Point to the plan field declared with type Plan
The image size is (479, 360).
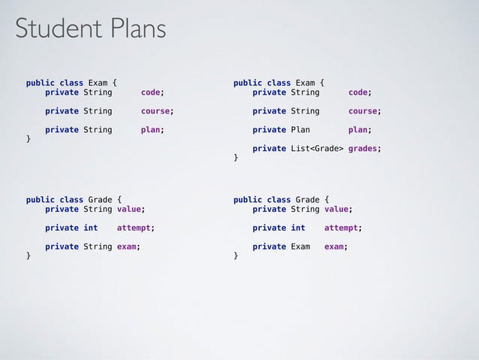pyautogui.click(x=357, y=129)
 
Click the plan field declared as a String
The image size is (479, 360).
pyautogui.click(x=150, y=129)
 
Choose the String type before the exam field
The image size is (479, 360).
pyautogui.click(x=98, y=246)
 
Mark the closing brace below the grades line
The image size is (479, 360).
pyautogui.click(x=236, y=158)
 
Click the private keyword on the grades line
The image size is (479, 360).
pyautogui.click(x=269, y=148)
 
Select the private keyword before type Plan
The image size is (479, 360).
pyautogui.click(x=269, y=129)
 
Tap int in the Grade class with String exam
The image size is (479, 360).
pyautogui.click(x=90, y=227)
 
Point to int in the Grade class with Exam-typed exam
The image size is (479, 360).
pyautogui.click(x=297, y=227)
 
